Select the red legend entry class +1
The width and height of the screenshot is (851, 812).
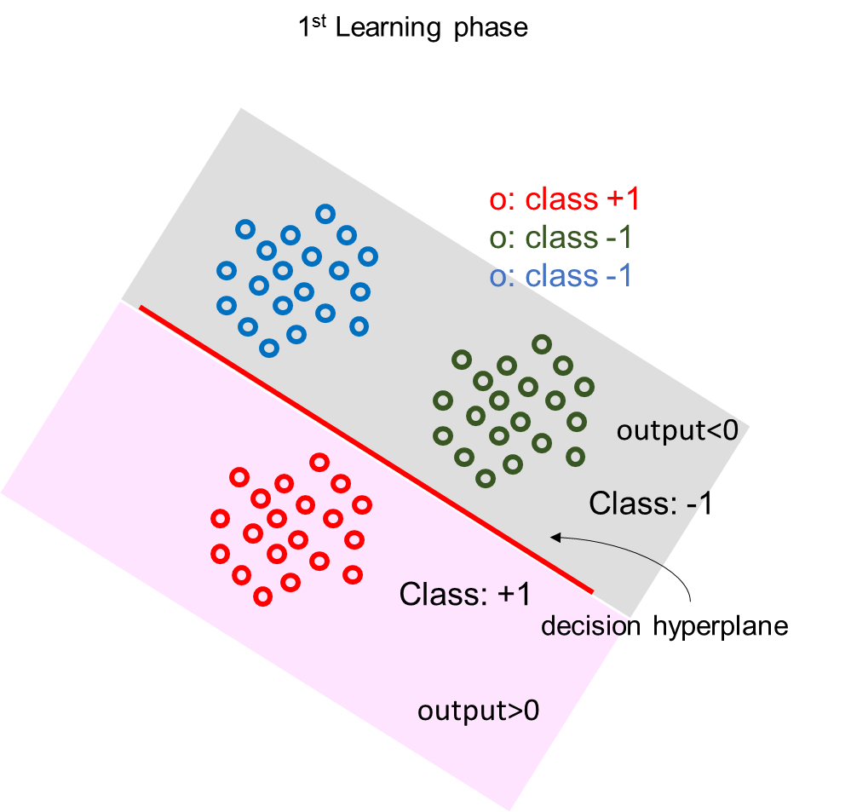[565, 199]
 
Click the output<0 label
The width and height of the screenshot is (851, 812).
[683, 430]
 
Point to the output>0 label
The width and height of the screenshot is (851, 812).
[478, 711]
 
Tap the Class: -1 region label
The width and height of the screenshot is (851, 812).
[651, 504]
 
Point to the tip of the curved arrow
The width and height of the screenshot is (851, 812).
[552, 537]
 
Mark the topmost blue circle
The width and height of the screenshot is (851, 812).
[325, 213]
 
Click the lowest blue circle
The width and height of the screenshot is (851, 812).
[269, 348]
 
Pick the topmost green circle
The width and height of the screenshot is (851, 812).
[541, 344]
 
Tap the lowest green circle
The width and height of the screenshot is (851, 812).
[486, 478]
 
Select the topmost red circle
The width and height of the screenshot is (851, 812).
[319, 462]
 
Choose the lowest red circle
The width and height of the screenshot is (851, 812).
[263, 596]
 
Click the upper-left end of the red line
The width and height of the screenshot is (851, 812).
[141, 308]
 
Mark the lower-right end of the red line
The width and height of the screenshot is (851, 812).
[592, 590]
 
